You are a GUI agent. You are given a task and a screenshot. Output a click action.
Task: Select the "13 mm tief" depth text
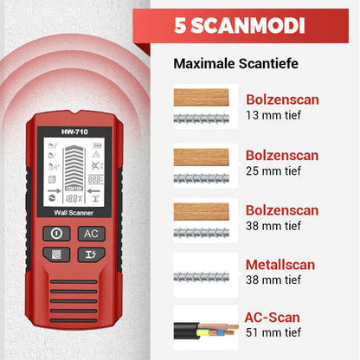(x=273, y=115)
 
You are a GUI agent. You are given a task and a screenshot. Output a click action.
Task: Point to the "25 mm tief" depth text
(x=273, y=170)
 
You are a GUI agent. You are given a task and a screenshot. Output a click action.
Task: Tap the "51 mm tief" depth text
(x=273, y=332)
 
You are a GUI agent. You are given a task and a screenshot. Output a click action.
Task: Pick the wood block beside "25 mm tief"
(x=201, y=157)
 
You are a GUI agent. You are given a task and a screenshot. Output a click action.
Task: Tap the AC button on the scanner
(x=91, y=233)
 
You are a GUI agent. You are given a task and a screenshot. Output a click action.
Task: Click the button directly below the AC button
(x=91, y=254)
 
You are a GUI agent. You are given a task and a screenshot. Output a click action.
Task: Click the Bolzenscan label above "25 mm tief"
(x=282, y=155)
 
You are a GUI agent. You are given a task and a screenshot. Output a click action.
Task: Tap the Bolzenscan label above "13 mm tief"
(x=282, y=100)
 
